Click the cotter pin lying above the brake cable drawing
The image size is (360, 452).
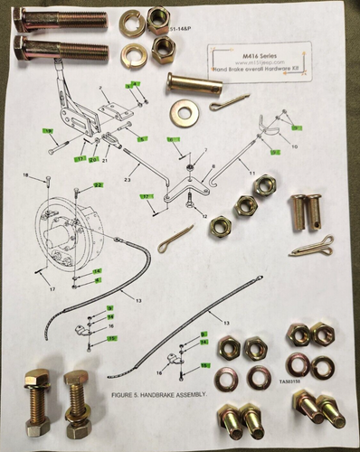point(175,239)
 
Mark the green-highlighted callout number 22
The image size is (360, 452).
point(98,184)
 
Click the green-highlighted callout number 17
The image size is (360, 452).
point(145,195)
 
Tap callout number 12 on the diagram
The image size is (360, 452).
point(204,217)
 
